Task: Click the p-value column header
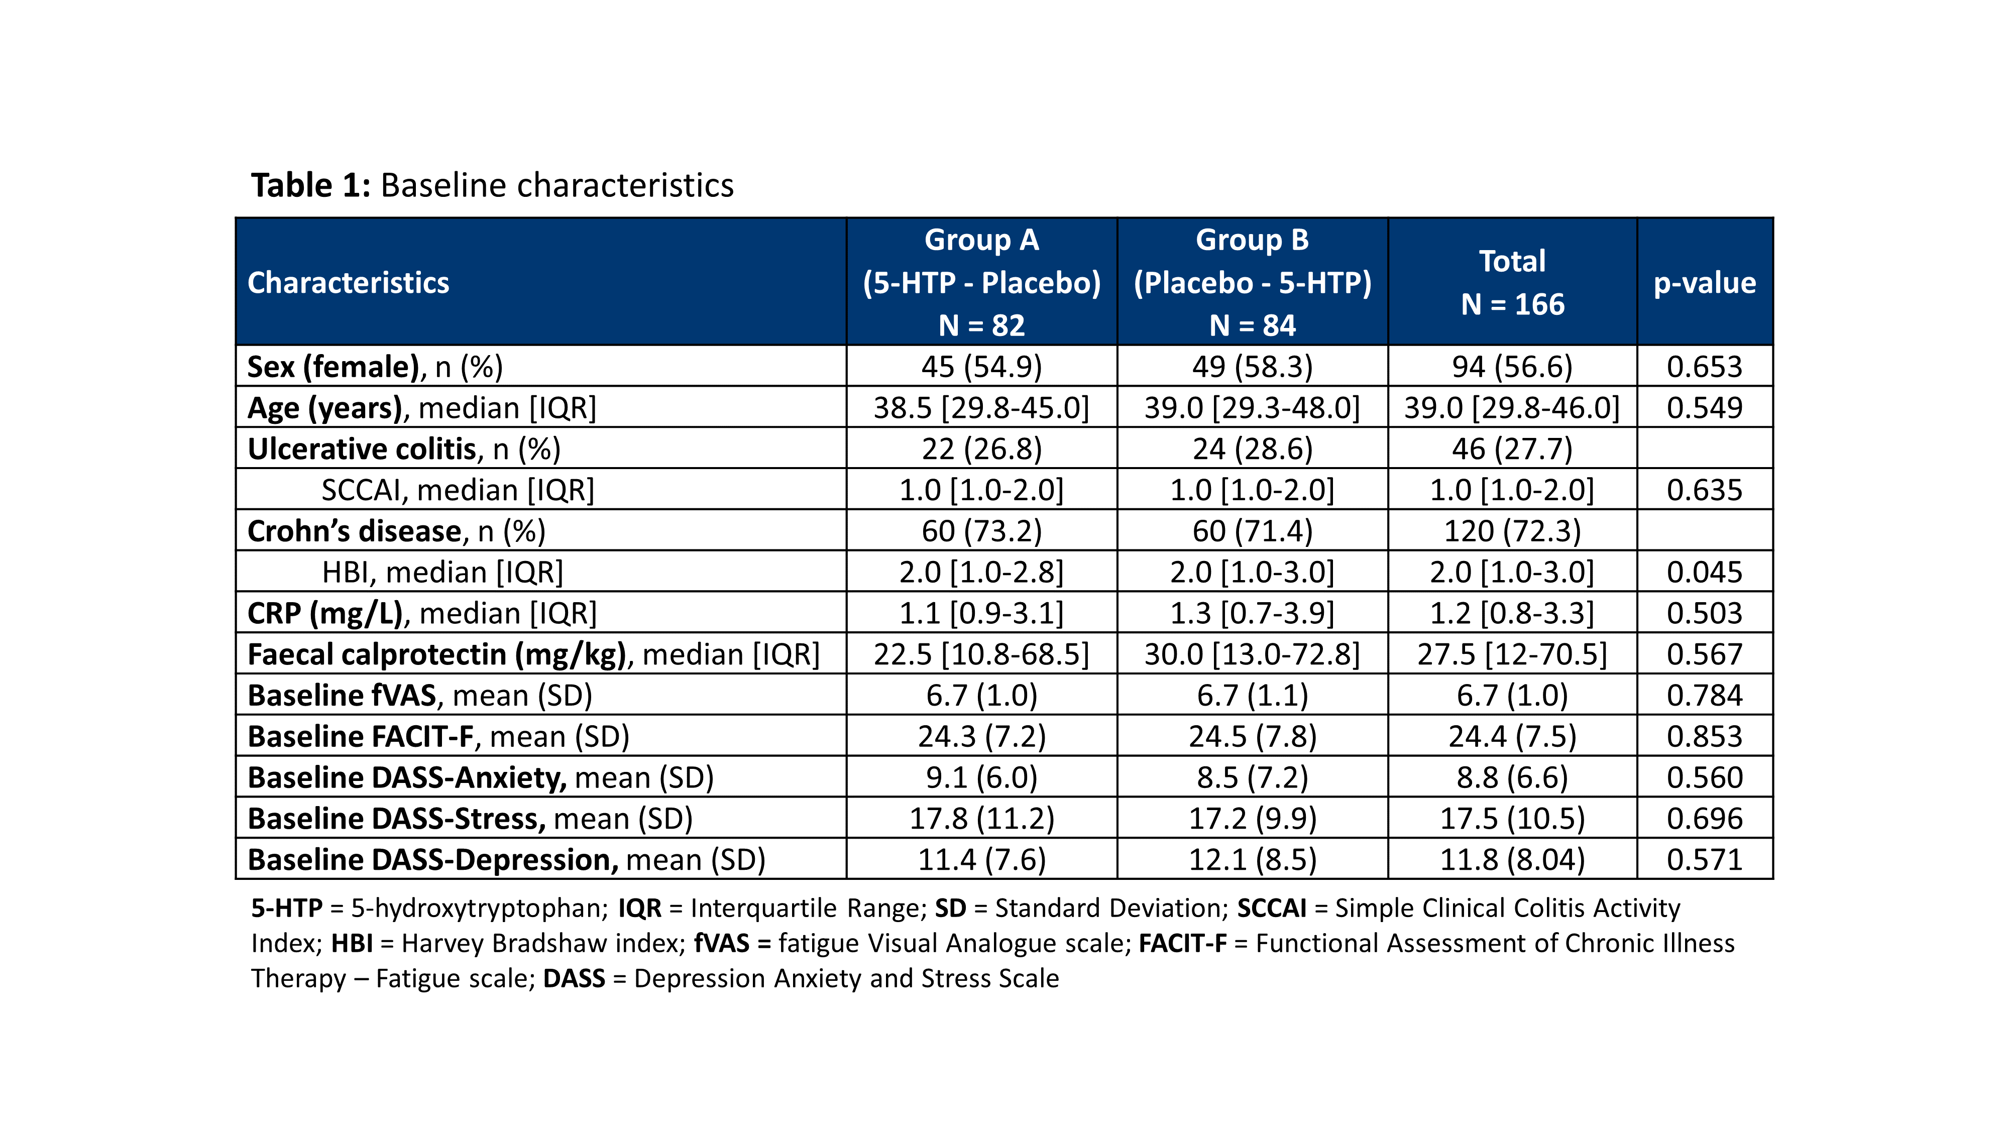[1705, 282]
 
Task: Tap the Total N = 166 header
[1512, 282]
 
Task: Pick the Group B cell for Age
[1253, 408]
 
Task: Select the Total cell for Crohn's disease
[1512, 531]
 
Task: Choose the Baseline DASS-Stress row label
[470, 819]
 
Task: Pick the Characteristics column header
[349, 282]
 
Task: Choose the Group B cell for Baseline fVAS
[1253, 696]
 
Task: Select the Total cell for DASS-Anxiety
[1512, 777]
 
